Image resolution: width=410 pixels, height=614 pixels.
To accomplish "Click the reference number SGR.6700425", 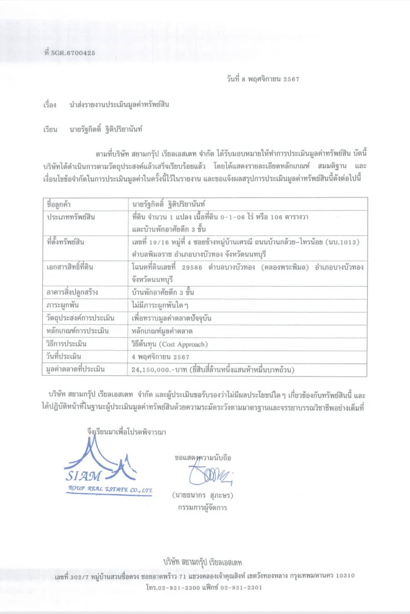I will coord(73,53).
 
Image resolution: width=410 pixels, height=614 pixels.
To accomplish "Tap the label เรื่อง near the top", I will coord(50,105).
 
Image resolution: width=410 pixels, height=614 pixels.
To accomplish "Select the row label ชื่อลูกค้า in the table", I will coord(59,204).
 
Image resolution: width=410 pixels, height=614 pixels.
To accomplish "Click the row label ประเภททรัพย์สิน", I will coord(71,217).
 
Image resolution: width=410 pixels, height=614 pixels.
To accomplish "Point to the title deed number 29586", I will coord(192,267).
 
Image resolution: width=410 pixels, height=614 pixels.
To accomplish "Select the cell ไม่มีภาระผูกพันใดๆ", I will coord(160,305).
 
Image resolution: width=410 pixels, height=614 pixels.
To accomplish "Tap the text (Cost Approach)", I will coord(183,344).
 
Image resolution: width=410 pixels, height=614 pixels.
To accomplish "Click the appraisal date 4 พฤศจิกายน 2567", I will coord(160,357).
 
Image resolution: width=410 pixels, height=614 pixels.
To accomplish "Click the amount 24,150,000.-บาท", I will coord(159,370).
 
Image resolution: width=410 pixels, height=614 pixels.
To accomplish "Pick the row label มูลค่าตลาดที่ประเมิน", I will coord(76,369).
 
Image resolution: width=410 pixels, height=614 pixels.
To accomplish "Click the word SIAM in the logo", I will coord(83,476).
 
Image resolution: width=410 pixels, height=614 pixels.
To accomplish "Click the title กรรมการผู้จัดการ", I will coord(202,508).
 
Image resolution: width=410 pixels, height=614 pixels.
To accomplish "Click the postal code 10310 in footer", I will coord(345,575).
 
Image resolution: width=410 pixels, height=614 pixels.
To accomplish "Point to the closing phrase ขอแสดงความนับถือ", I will coord(203,458).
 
